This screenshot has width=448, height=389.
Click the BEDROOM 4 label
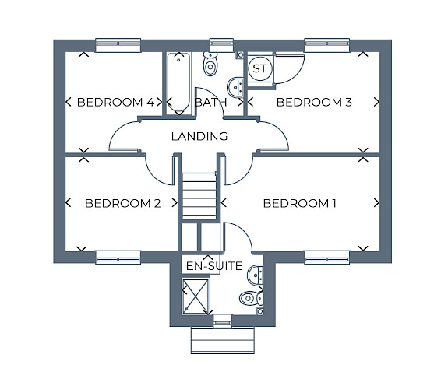click(x=116, y=102)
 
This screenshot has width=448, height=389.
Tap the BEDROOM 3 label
click(x=314, y=102)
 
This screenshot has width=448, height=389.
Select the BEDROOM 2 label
click(x=123, y=203)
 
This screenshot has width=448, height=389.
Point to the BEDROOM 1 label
click(x=299, y=203)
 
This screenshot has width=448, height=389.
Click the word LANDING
click(x=199, y=136)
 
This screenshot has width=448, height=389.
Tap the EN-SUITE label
click(x=214, y=266)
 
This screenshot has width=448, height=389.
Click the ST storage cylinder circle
click(x=259, y=68)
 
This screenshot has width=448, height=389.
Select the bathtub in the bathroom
click(x=178, y=83)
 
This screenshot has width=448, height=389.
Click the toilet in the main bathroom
click(x=210, y=64)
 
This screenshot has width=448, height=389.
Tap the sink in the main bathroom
click(x=235, y=87)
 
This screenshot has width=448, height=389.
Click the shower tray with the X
click(x=196, y=296)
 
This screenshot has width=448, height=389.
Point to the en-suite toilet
click(x=251, y=299)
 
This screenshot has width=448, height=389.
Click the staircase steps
click(x=199, y=196)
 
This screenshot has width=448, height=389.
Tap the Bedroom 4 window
click(x=118, y=45)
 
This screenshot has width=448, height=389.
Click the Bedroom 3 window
click(x=327, y=45)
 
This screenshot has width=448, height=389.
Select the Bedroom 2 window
click(x=118, y=258)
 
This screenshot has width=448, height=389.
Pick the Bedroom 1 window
click(x=327, y=258)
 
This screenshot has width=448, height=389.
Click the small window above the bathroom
click(x=222, y=45)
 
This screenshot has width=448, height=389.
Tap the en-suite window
click(x=223, y=321)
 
